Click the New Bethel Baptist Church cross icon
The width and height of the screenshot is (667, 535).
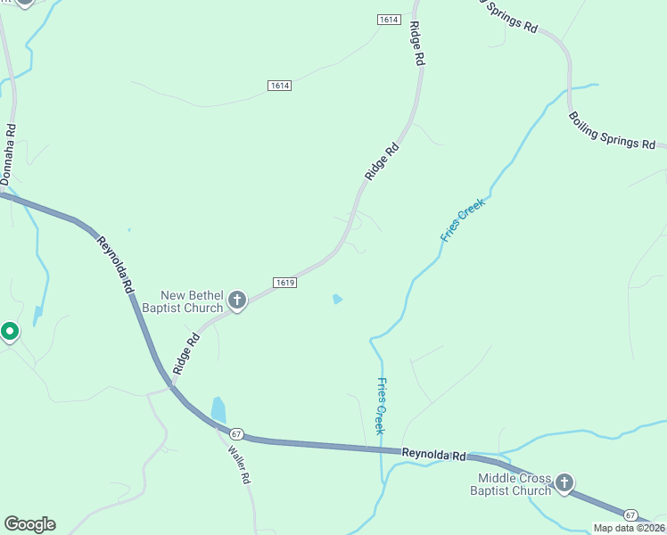[237, 300]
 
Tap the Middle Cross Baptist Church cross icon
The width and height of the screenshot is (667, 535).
[564, 484]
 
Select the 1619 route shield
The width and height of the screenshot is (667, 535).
[284, 283]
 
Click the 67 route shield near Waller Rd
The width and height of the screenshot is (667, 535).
[235, 433]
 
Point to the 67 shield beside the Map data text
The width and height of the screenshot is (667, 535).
[630, 515]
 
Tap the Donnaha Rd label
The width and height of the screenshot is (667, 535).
[9, 156]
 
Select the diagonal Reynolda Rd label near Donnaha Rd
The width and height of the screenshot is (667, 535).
[116, 265]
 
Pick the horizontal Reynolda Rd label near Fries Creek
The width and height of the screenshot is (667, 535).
[434, 455]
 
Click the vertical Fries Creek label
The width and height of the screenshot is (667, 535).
[381, 406]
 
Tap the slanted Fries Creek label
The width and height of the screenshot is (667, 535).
[462, 220]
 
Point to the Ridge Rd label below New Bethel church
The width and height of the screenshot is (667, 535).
[186, 353]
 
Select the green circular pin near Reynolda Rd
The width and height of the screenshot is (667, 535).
[10, 332]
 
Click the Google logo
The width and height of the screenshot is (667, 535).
[29, 524]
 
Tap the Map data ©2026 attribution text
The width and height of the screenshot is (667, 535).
[629, 528]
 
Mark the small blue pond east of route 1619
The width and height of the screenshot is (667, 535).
[336, 299]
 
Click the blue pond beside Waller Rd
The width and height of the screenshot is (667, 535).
[218, 410]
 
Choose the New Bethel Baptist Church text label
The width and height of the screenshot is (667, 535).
[191, 301]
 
